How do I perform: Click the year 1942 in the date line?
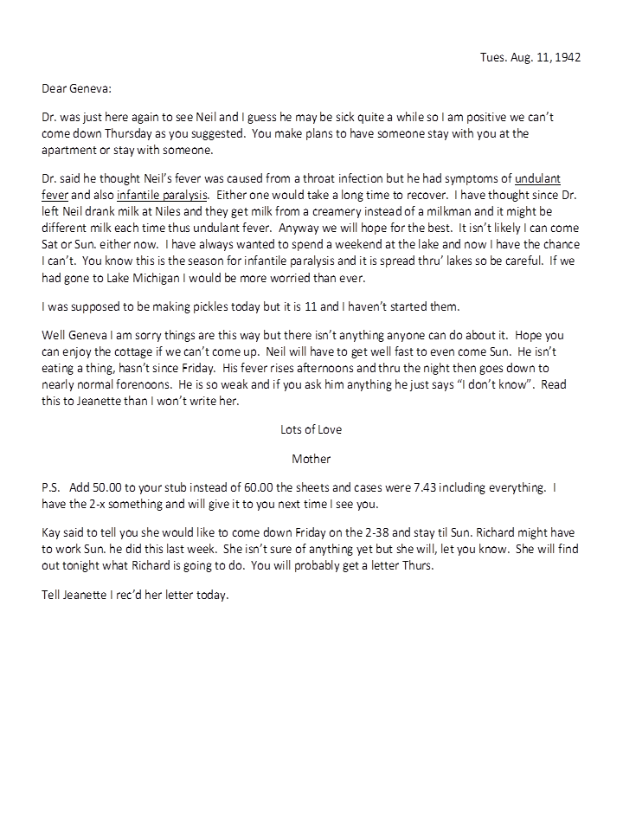567,58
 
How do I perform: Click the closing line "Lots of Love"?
311,428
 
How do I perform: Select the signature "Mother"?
311,458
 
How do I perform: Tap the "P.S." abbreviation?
51,488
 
